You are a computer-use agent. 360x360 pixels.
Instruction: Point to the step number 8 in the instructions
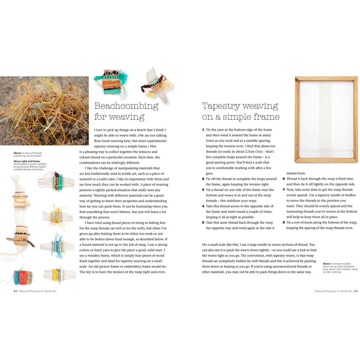pos(284,222)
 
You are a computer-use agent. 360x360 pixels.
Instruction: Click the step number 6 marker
pos(284,178)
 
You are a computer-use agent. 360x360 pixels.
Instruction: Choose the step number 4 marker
pos(203,205)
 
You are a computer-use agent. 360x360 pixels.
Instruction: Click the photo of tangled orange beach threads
pos(44,111)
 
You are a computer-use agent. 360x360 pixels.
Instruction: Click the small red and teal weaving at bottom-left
pos(23,275)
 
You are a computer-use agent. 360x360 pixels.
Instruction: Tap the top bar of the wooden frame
pos(326,79)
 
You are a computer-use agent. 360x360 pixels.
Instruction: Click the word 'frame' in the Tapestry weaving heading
pos(265,117)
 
